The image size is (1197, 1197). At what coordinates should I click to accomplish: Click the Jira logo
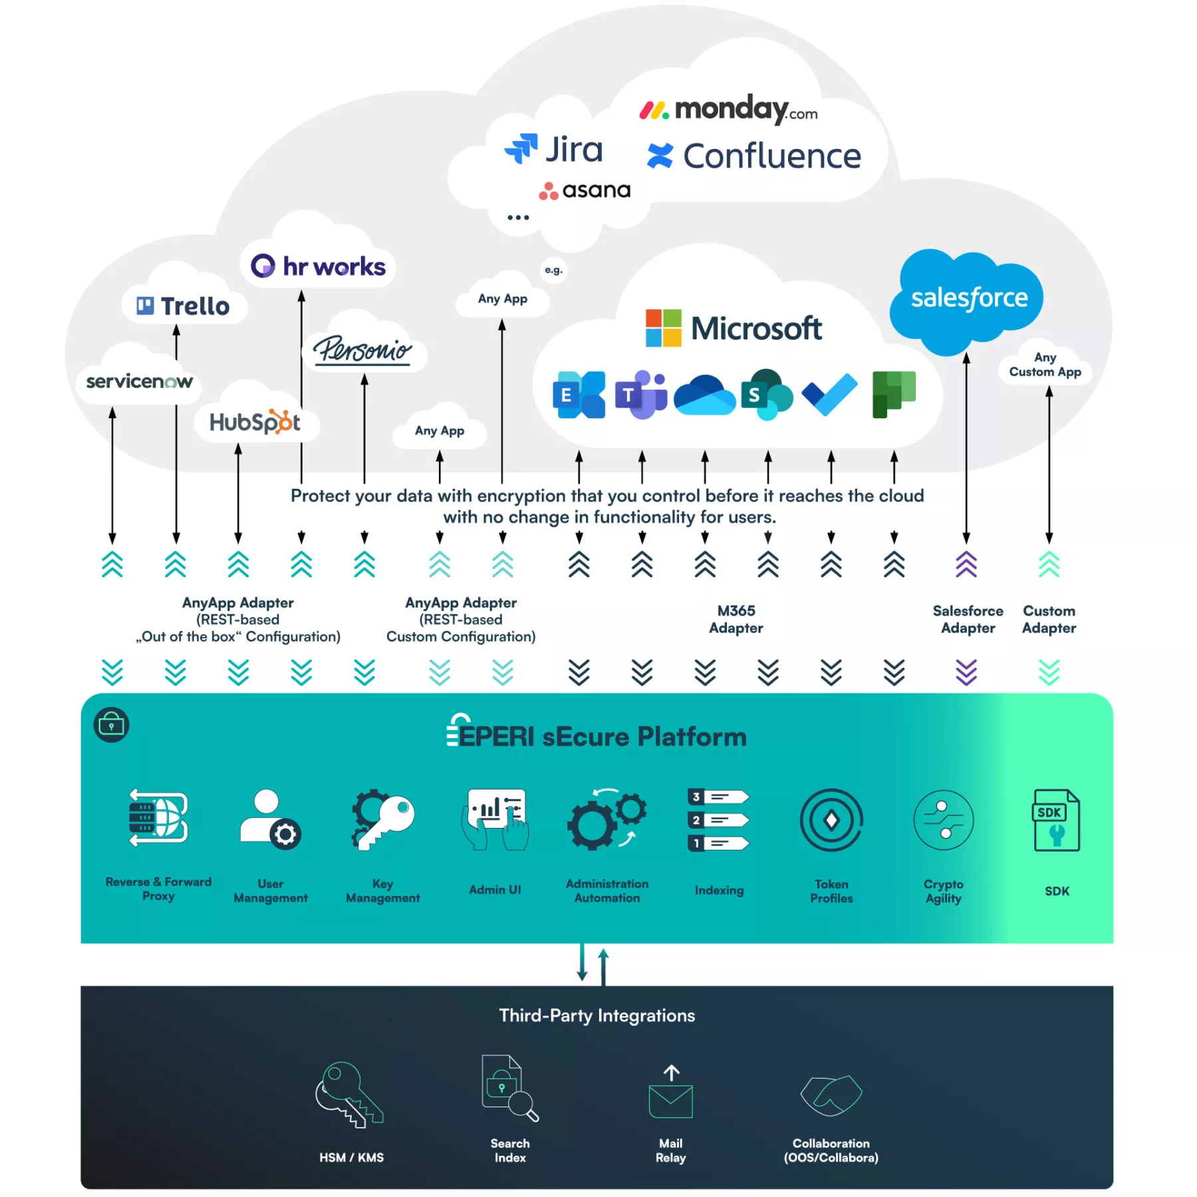coord(553,149)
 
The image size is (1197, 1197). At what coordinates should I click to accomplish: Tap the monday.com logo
coord(728,109)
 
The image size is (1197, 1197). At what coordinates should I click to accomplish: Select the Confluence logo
coord(753,156)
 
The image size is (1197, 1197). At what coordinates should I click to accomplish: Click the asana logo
coord(585,190)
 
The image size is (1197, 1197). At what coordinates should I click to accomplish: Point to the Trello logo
coord(183,306)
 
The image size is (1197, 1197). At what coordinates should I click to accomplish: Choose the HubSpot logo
coord(255,422)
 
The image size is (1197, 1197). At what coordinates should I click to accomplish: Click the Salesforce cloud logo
coord(968,301)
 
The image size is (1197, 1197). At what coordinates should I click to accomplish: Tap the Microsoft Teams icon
coord(641,394)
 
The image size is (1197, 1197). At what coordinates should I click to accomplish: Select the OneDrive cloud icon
coord(704,394)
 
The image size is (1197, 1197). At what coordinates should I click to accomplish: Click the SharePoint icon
coord(767,394)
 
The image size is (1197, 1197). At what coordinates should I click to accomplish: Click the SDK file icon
coord(1056,820)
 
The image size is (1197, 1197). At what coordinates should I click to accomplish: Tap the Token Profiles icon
coord(831,820)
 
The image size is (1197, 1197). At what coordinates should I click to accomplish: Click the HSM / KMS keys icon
coord(349,1094)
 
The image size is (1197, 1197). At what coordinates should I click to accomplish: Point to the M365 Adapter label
coord(736,619)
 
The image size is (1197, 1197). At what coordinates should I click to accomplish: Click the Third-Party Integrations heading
coord(597,1015)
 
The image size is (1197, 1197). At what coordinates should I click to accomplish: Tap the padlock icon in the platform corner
coord(111,724)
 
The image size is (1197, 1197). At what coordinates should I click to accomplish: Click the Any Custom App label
coord(1045,365)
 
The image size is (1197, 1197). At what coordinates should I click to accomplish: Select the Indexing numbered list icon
coord(719,820)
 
